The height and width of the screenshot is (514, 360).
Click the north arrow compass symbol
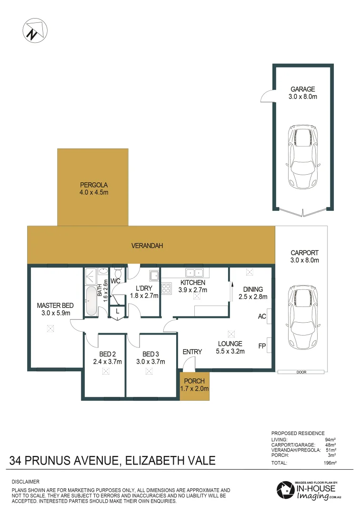click(34, 30)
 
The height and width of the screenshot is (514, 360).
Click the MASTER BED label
click(54, 306)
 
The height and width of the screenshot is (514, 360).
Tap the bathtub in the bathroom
click(91, 301)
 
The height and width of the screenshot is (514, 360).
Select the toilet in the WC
click(119, 274)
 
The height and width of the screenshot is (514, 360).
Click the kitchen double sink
click(194, 273)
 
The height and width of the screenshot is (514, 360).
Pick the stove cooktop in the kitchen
click(167, 288)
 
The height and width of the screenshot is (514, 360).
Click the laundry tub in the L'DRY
click(154, 276)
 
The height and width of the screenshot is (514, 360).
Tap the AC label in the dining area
click(261, 316)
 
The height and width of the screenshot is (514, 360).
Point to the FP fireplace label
click(261, 346)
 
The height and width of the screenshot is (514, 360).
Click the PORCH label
click(194, 381)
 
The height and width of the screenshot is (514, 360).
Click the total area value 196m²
click(330, 462)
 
